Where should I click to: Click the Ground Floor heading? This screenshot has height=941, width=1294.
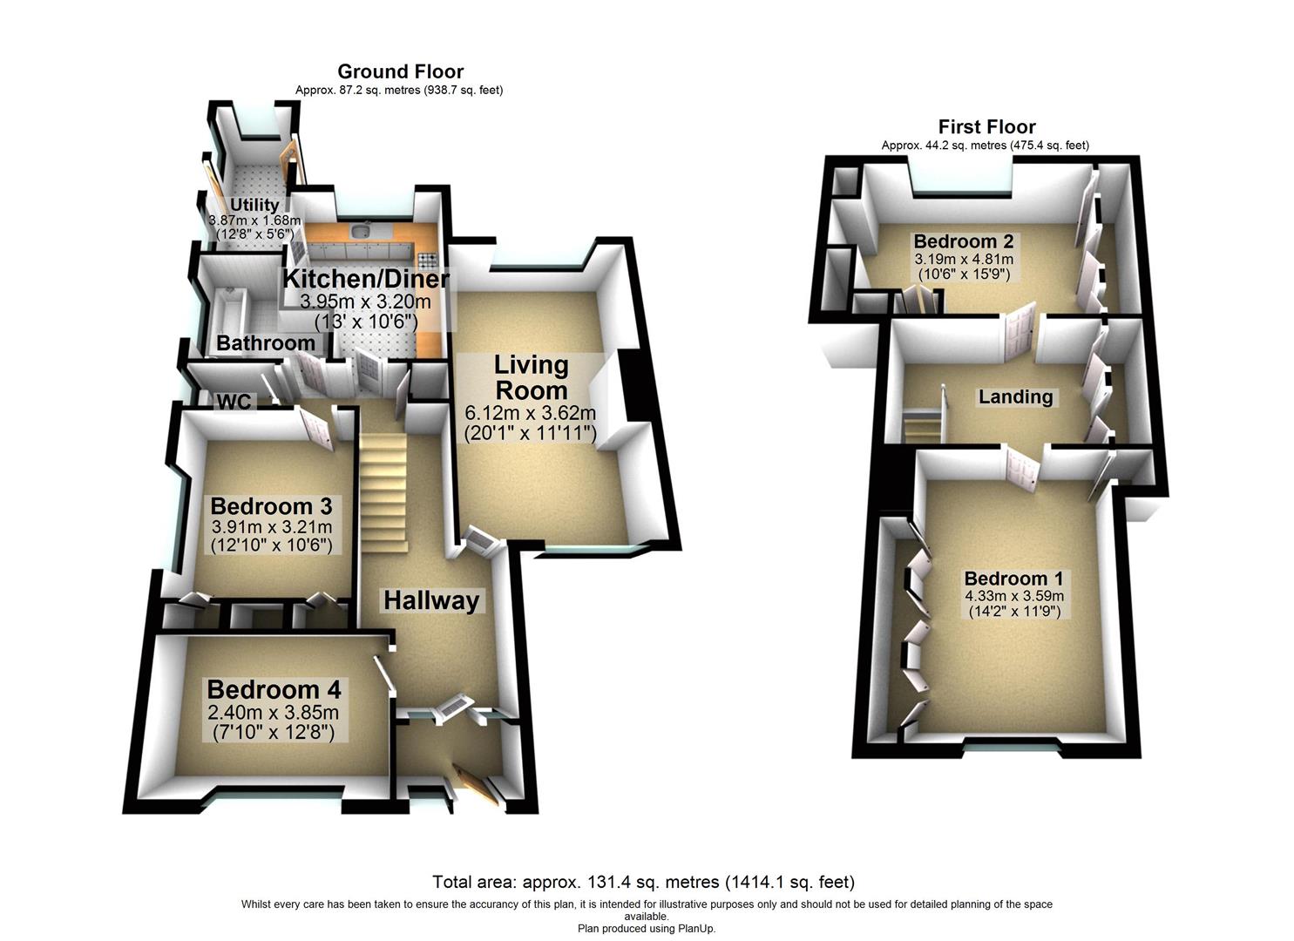pos(400,71)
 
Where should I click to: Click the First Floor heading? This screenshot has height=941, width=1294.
pos(986,126)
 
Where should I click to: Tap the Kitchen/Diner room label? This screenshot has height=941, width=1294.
pos(366,279)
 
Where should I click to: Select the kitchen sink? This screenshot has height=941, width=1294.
pos(361,231)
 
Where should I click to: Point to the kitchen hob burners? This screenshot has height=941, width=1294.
pos(428,260)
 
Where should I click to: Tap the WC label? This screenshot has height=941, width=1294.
pos(234,402)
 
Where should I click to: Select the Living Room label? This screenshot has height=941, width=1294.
pos(531,378)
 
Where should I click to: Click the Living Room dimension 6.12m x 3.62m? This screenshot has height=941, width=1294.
pos(531,413)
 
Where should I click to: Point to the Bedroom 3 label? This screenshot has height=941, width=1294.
pos(272,506)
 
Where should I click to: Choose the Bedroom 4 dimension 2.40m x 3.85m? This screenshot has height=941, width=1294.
pos(274,713)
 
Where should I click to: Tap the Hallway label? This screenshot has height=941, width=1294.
pos(431,601)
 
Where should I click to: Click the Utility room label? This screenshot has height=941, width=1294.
pos(254,205)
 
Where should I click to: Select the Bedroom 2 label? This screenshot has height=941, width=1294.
pos(964,240)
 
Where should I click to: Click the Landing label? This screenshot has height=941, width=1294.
pos(1015,396)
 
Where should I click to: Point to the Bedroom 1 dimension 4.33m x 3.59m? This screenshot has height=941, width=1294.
pos(1013,596)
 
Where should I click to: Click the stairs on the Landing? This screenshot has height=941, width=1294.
pos(923,427)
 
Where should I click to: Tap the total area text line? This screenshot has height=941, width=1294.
pos(644,882)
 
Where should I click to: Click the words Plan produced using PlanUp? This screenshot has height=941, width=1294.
pos(647,929)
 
